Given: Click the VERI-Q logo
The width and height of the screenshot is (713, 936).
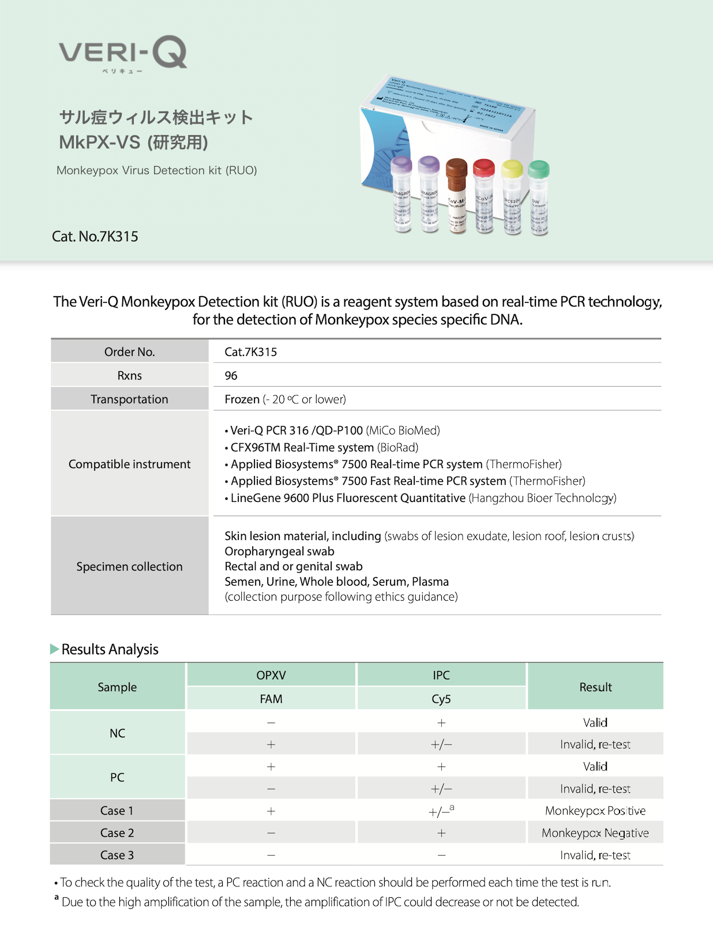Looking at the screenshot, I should coord(122,53).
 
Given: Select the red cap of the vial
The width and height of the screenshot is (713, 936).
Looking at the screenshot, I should coord(483,168).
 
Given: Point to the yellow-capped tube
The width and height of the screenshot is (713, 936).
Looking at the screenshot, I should coord(512,199).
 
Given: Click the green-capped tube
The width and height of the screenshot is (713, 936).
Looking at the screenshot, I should coord(539,199).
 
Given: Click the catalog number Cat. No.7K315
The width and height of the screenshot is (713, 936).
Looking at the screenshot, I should coord(95,237).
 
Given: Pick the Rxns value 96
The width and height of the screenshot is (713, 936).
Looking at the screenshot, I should coord(231,376).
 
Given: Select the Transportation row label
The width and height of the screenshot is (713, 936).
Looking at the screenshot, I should coord(129,399).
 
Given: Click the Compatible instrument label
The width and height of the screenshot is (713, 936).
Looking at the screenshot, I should coord(129,464).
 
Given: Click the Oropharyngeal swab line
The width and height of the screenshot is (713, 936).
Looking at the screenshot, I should coord(279,551).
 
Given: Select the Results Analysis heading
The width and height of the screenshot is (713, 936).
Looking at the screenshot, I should coord(110,649).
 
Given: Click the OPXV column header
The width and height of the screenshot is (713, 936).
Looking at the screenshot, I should coord(271,675).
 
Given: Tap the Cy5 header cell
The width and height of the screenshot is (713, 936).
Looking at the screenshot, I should coord(441,699).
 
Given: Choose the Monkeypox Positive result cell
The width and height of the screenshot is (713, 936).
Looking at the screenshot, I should coord(595,811).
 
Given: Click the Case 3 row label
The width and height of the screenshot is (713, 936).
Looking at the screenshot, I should coord(117,855).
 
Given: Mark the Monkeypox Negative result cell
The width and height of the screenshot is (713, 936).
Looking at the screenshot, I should coord(595,833).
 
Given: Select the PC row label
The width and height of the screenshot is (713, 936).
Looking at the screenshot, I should coord(117,777).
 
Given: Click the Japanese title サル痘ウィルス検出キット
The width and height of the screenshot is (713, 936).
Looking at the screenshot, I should coord(156,118).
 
